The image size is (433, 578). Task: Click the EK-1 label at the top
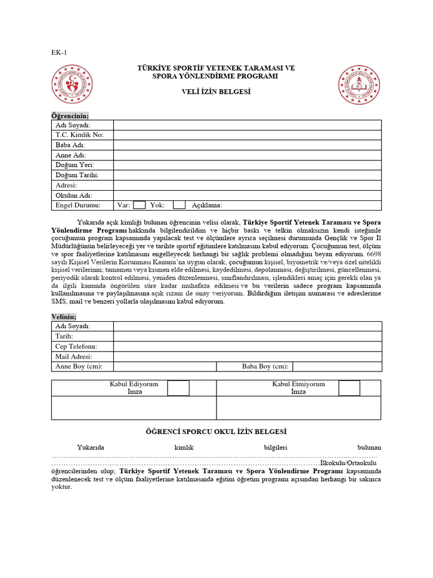click(59, 53)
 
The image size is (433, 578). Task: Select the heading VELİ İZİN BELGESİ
click(216, 91)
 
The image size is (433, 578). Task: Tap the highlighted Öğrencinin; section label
click(70, 115)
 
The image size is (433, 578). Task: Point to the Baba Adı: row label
click(70, 145)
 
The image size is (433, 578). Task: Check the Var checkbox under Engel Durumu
click(139, 205)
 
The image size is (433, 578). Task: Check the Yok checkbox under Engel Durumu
click(179, 205)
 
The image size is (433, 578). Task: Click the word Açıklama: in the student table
click(207, 205)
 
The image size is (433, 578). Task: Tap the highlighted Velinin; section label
click(64, 317)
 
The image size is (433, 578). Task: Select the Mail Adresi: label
click(73, 357)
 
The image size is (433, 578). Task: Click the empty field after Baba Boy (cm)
click(337, 367)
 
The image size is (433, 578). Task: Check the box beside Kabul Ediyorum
click(178, 388)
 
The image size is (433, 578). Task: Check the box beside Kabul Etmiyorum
click(349, 388)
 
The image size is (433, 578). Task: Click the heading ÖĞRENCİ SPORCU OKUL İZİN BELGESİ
click(216, 432)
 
